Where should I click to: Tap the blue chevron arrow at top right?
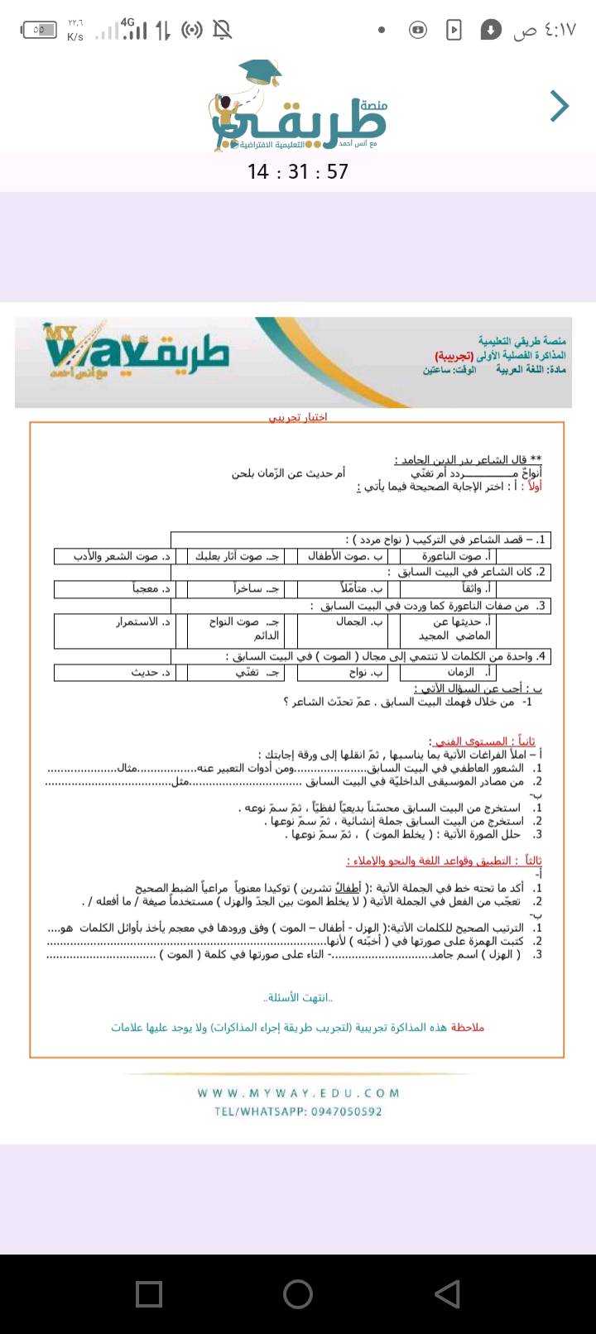point(560,106)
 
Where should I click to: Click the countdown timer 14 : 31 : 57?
point(298,171)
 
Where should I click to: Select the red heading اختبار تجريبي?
point(298,416)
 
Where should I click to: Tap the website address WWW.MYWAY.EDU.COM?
point(298,1093)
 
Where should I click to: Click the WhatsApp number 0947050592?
point(347,1111)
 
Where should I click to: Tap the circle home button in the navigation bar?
point(298,1294)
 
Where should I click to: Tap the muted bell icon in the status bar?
point(222,31)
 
